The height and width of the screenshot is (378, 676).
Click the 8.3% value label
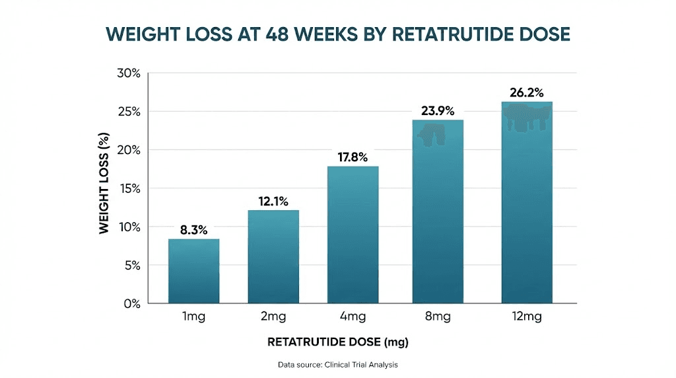[x=193, y=230]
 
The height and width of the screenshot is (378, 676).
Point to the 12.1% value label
[x=273, y=202]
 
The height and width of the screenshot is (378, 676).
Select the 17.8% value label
[x=353, y=157]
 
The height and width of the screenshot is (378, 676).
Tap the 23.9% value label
[x=438, y=111]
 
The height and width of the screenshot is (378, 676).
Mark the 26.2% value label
[x=527, y=93]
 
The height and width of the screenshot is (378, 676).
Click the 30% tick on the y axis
[x=129, y=73]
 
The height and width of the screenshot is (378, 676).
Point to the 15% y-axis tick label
[x=129, y=188]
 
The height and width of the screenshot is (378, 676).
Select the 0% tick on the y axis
[x=131, y=304]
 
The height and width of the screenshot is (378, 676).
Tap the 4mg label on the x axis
[x=353, y=317]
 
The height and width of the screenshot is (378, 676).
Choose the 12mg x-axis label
[x=527, y=317]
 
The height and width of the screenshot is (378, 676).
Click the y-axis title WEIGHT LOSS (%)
[x=104, y=182]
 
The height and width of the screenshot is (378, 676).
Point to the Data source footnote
[x=338, y=364]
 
